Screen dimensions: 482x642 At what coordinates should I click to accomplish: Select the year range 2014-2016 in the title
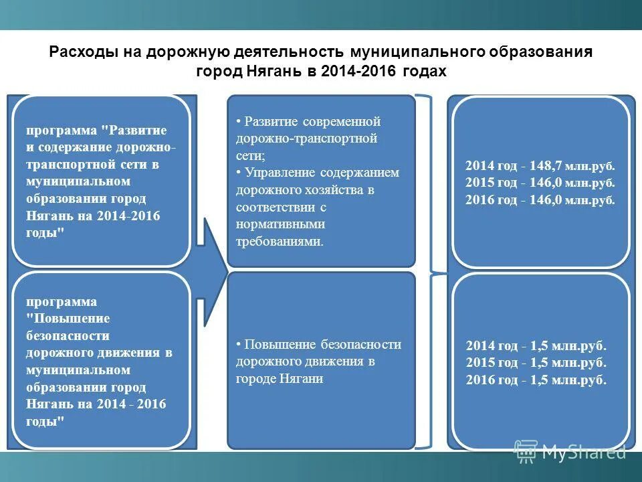360,71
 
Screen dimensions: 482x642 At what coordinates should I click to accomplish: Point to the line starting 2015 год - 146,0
540,182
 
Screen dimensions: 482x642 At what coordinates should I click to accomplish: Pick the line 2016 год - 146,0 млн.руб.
540,199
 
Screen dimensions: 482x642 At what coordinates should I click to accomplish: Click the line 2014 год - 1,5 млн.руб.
536,346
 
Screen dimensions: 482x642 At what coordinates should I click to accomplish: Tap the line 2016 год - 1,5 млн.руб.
536,380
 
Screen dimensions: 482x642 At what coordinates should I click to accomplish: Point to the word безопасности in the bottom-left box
68,335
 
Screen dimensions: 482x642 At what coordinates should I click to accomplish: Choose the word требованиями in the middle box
279,242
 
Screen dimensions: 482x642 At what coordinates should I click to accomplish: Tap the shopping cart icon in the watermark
526,451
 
